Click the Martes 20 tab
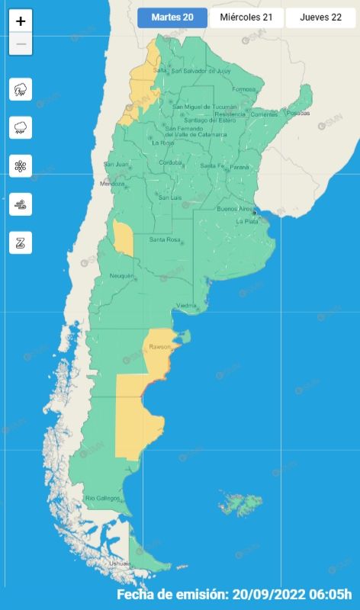[x=172, y=18]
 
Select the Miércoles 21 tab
[x=246, y=18]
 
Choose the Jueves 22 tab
[x=320, y=18]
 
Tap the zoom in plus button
[x=21, y=21]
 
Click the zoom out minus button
[x=21, y=43]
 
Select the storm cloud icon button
[x=21, y=89]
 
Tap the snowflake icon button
[x=21, y=165]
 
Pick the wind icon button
[x=21, y=204]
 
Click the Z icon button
[x=21, y=242]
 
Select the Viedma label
[x=187, y=306]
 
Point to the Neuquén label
[x=121, y=275]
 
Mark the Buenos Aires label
[x=234, y=208]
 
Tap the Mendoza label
[x=112, y=184]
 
